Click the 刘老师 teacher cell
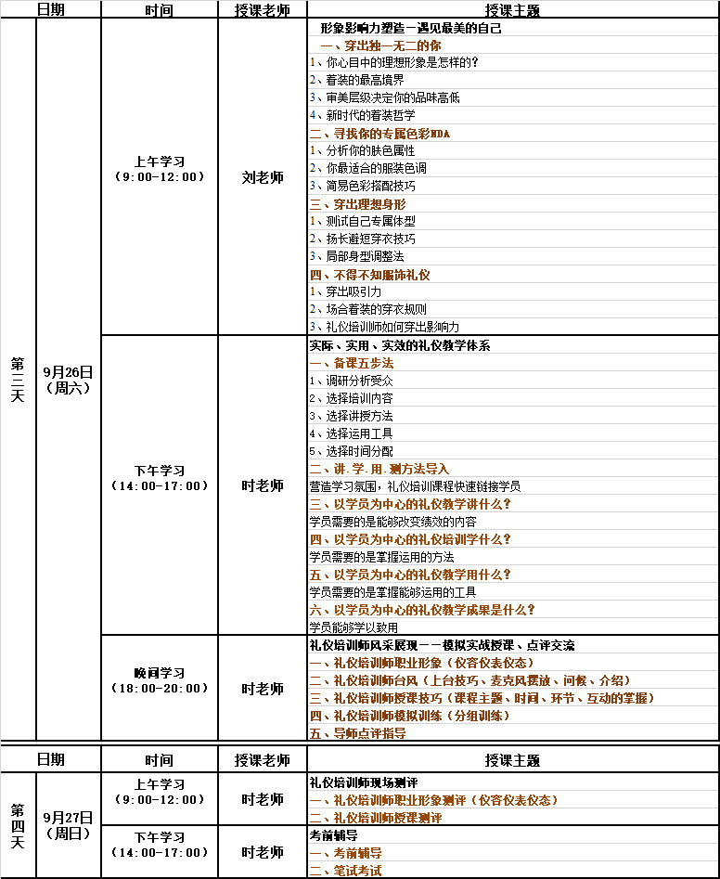(x=263, y=177)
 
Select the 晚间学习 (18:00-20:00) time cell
(x=159, y=680)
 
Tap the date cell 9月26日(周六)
(x=68, y=380)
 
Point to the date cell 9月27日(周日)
(x=68, y=824)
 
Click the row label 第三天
(x=18, y=380)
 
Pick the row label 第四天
(x=18, y=824)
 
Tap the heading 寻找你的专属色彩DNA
(x=379, y=134)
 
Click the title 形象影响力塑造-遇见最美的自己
(x=410, y=28)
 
